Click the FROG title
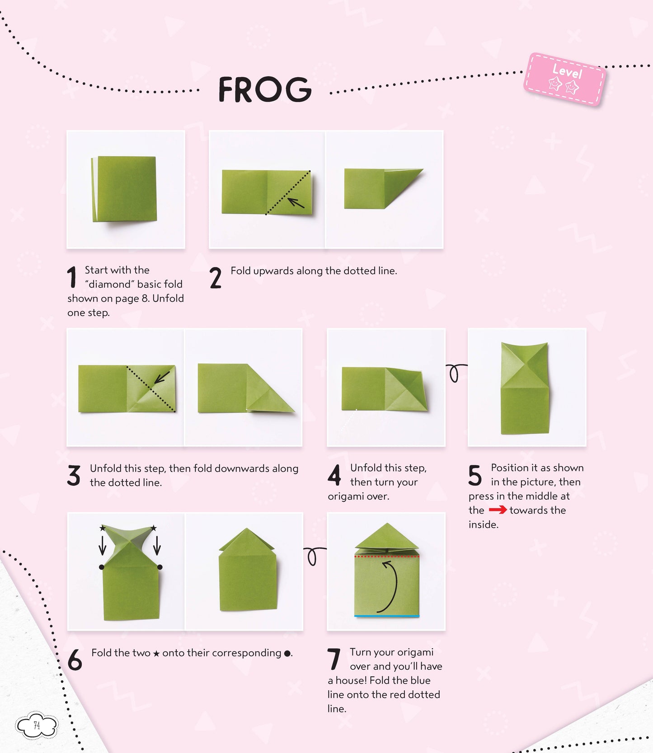(265, 89)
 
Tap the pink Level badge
(564, 80)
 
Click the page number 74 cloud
(37, 726)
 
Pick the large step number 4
(334, 475)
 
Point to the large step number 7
(334, 659)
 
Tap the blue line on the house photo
(386, 616)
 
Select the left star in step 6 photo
(103, 528)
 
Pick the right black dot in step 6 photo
(160, 567)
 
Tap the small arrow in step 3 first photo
(162, 377)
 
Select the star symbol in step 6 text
(156, 654)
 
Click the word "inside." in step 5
(484, 524)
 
